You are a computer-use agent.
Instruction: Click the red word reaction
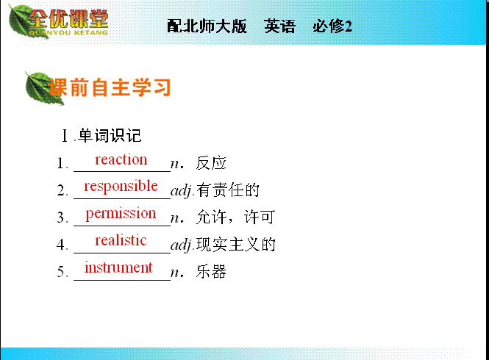click(x=121, y=159)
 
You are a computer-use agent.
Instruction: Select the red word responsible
click(x=121, y=187)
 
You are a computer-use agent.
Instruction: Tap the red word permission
click(x=121, y=214)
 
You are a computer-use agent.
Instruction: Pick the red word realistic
click(x=121, y=240)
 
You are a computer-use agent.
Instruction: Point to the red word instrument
click(x=119, y=267)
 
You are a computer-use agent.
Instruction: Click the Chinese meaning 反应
click(x=211, y=163)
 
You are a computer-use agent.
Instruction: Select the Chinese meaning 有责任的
click(x=228, y=190)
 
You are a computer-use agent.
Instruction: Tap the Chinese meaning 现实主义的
click(x=236, y=245)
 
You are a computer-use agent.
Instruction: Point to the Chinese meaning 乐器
click(x=211, y=272)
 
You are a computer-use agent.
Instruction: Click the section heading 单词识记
click(x=110, y=136)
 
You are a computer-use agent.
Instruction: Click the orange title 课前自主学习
click(x=110, y=87)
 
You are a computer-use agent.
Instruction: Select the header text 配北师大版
click(x=207, y=26)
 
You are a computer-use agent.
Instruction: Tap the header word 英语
click(x=279, y=26)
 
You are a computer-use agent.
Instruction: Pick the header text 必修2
click(x=332, y=26)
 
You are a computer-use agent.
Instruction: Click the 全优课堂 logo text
click(x=68, y=19)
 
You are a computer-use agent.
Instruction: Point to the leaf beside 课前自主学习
click(x=43, y=88)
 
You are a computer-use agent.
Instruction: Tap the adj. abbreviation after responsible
click(x=183, y=191)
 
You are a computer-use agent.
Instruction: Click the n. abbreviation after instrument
click(x=177, y=273)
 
